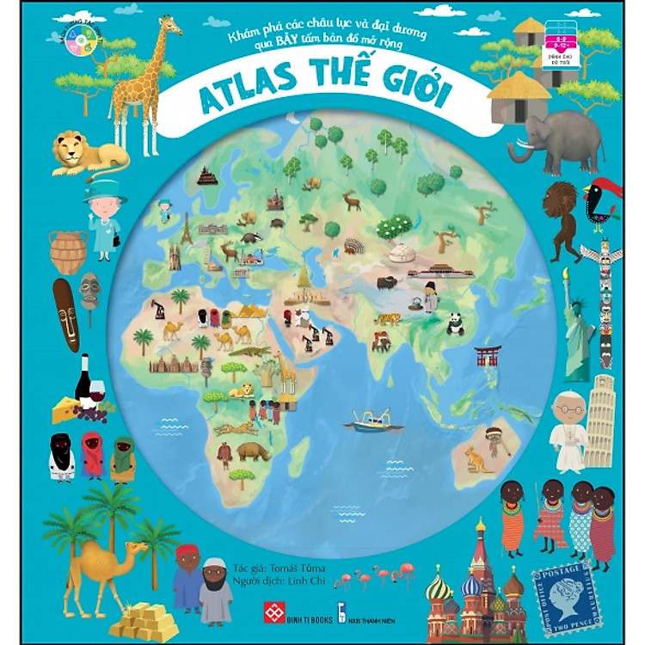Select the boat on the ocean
point(372,422)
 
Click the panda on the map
point(455,323)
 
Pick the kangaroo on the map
point(476,459)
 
